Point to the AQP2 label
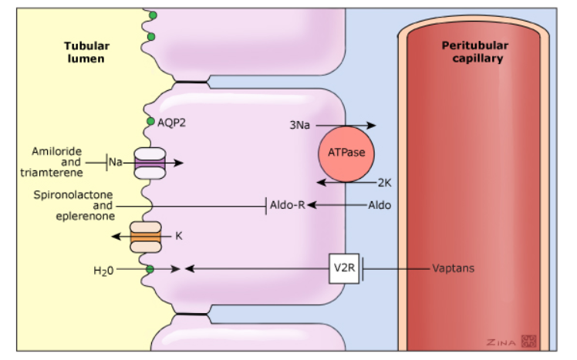[171, 122]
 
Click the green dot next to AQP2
[151, 121]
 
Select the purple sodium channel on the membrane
[149, 163]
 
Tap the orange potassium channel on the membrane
[145, 237]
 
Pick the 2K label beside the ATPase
[385, 183]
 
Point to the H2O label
[103, 270]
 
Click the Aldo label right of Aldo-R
[379, 206]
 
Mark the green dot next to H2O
[150, 268]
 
